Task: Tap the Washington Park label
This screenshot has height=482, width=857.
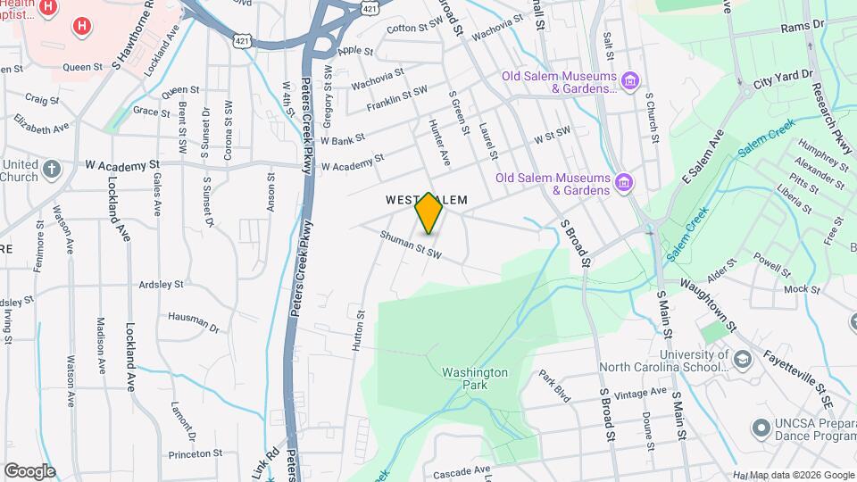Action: click(474, 378)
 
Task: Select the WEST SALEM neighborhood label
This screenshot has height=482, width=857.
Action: click(424, 201)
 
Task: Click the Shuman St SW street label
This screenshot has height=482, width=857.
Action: click(411, 245)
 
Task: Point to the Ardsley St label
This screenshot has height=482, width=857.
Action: click(161, 284)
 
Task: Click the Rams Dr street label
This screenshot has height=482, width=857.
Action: click(802, 28)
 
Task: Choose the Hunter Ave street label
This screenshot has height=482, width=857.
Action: click(437, 142)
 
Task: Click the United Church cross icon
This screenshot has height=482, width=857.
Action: click(53, 170)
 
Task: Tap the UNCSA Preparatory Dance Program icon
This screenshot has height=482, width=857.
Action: click(761, 428)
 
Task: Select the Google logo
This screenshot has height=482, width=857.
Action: click(29, 470)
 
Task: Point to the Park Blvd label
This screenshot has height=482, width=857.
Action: click(553, 386)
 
